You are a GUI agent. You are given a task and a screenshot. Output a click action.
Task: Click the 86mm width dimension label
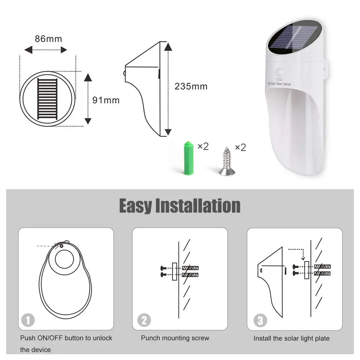(49, 39)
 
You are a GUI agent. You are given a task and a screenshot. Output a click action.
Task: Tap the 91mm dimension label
(106, 100)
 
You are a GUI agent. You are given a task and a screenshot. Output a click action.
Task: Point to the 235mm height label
(191, 87)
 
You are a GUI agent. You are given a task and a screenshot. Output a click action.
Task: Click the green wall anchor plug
(188, 158)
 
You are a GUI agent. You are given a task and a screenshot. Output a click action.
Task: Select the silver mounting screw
(227, 161)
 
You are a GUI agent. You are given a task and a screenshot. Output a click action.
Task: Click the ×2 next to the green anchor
(203, 146)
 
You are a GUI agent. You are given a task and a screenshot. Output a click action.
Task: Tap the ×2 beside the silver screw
(241, 147)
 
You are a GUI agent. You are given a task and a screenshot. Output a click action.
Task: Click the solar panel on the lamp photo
(294, 38)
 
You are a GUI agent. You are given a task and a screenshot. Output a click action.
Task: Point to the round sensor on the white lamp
(280, 72)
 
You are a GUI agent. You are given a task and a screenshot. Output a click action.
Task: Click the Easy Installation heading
(180, 206)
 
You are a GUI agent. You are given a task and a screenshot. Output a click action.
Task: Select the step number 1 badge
(28, 320)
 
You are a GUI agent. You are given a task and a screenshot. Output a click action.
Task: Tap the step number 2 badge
(144, 320)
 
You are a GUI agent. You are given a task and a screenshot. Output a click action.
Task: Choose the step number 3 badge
(260, 320)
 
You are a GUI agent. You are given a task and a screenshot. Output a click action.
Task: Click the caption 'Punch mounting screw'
(175, 338)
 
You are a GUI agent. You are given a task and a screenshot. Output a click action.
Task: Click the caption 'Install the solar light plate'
(292, 338)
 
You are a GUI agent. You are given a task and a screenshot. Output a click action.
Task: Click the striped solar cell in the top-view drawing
(47, 99)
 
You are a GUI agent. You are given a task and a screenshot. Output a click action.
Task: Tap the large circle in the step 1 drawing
(64, 259)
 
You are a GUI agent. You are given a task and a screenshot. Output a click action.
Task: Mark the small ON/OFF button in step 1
(61, 246)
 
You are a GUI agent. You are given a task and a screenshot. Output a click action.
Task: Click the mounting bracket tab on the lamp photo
(324, 69)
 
